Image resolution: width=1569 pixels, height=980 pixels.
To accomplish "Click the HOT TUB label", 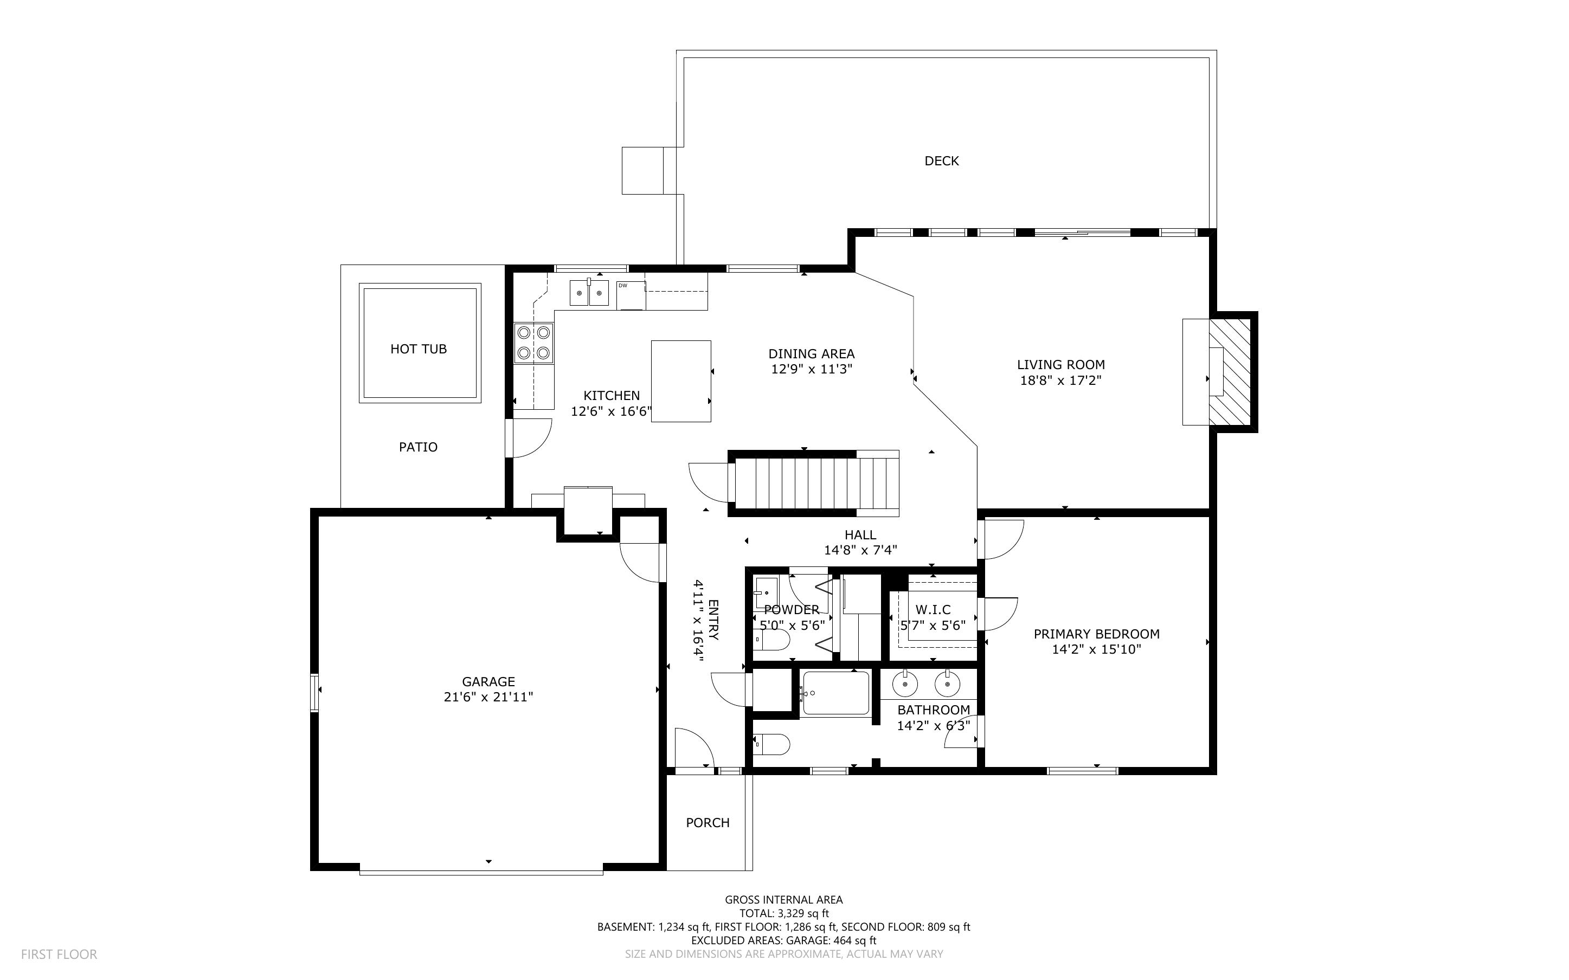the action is (418, 349).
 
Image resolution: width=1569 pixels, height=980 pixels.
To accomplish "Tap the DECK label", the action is (942, 161).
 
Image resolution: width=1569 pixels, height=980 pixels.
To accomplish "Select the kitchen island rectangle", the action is (680, 381).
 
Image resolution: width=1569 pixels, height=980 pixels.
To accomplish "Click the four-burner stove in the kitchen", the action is (533, 344).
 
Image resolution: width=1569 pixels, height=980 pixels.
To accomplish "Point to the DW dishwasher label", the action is (622, 285).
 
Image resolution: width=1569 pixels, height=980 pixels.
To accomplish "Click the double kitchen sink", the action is (589, 292).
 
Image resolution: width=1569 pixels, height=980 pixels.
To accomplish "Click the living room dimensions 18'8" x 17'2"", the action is (1061, 381).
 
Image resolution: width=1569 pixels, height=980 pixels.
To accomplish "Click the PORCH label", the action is (708, 822).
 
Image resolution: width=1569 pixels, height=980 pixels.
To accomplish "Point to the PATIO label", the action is (418, 447).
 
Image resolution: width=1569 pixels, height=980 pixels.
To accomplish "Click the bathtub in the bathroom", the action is (836, 693).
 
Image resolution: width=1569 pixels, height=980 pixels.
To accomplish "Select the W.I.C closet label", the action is (933, 610).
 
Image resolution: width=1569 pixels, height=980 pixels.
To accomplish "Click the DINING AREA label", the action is (812, 354).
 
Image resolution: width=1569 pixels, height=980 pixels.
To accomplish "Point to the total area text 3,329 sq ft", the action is (803, 913).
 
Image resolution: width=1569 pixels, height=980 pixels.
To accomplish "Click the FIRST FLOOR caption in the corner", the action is (59, 954).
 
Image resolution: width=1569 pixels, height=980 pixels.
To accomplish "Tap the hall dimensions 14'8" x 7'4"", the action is (860, 550).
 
